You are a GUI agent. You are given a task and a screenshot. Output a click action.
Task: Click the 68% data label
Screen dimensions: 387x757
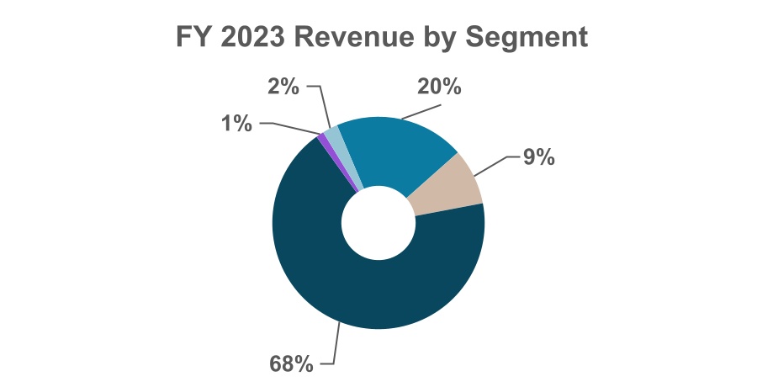291,363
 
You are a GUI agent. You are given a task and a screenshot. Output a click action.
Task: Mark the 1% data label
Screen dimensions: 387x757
236,123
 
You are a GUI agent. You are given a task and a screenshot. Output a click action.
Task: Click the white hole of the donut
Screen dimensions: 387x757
378,222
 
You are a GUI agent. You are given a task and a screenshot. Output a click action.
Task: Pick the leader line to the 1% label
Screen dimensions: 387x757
290,126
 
